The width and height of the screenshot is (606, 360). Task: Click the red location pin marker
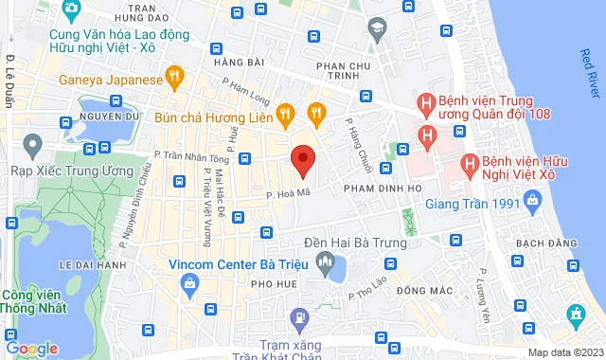click(302, 160)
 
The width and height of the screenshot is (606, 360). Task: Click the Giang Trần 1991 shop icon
click(532, 201)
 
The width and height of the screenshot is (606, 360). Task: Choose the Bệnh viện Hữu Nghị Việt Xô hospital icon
click(468, 165)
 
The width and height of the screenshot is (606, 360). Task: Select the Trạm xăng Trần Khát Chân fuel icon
click(299, 316)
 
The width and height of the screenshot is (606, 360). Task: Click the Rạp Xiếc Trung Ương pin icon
click(33, 146)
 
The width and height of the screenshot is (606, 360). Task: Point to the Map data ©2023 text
click(563, 352)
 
